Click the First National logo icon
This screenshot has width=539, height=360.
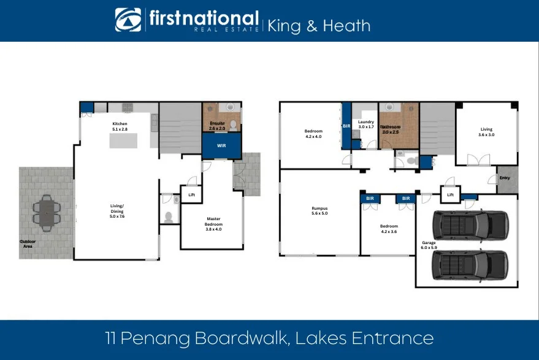tap(128, 20)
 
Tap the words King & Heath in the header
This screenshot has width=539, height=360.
tap(319, 25)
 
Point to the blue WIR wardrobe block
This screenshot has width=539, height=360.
tap(221, 146)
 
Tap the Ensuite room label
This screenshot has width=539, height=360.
tap(217, 126)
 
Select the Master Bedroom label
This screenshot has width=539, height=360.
tap(214, 222)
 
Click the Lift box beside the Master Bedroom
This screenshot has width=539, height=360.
tap(191, 195)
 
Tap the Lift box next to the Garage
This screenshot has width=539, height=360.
tap(450, 194)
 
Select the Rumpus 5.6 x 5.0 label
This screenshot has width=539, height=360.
tap(319, 211)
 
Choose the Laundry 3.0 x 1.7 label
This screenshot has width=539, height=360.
tap(366, 124)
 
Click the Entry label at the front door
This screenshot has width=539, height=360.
tap(505, 178)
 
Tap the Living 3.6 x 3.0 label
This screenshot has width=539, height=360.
tap(486, 132)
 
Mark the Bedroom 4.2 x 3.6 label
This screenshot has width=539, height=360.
tap(389, 229)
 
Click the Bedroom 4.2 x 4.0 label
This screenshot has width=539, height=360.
tap(313, 134)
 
